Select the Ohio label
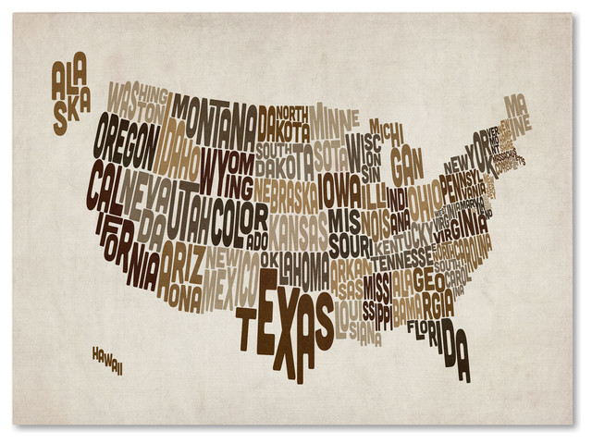[x=427, y=197]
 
